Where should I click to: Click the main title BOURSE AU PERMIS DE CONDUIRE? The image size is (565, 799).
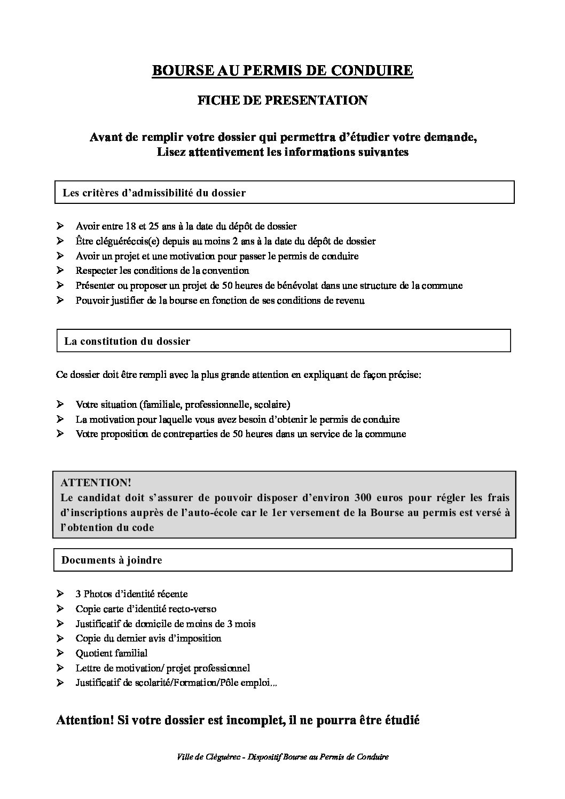point(282,70)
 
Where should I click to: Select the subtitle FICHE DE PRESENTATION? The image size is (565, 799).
point(282,100)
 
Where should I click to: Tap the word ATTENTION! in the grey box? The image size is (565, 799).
point(96,482)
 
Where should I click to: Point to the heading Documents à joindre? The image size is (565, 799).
point(112,560)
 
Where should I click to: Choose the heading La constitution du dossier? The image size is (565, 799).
point(127,341)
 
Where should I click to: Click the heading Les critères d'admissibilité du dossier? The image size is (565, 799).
point(154,193)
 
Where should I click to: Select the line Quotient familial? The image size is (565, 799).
point(112,653)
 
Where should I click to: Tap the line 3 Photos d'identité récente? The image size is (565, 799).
point(131,594)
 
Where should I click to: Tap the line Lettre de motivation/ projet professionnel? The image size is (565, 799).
point(163,668)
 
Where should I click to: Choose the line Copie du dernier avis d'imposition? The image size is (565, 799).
point(148,638)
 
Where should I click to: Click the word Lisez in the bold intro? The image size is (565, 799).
point(171,152)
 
